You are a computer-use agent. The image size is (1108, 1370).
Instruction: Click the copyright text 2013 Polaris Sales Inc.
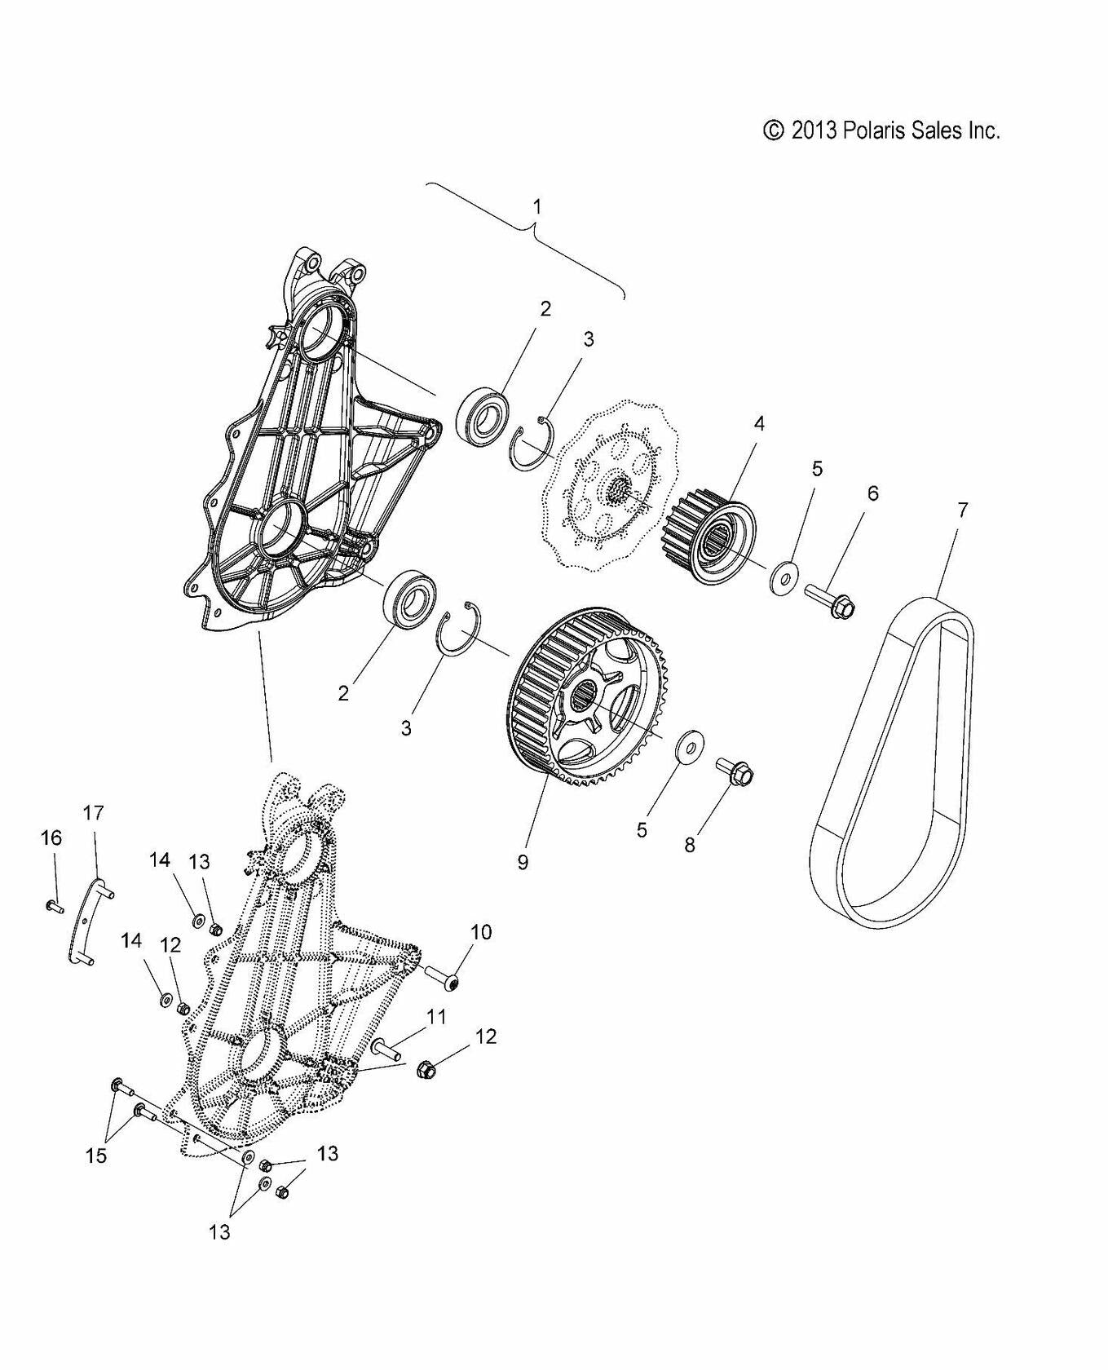(881, 130)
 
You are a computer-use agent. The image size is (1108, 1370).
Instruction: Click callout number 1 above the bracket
(536, 207)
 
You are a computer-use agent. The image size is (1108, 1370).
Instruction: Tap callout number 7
(962, 510)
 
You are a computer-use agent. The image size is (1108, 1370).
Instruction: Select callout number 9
(523, 862)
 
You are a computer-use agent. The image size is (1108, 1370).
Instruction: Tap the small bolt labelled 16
(54, 905)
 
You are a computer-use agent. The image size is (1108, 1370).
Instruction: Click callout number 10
(481, 932)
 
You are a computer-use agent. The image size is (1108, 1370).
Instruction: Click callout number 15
(96, 1156)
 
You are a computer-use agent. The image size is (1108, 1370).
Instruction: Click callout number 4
(758, 424)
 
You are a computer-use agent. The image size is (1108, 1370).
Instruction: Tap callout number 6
(872, 493)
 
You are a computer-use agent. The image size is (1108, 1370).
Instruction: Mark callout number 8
(690, 844)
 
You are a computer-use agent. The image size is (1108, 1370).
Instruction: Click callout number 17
(94, 812)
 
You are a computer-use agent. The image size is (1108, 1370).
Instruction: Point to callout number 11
(437, 1016)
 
